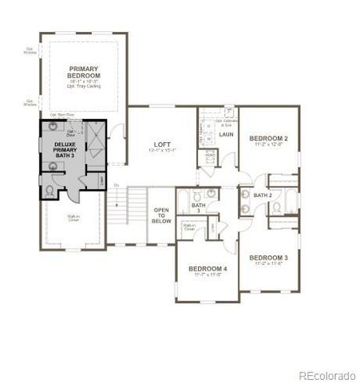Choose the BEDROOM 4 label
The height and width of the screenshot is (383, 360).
coord(208,269)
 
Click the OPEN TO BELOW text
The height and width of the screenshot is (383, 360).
coord(161,215)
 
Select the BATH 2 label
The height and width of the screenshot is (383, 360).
coord(263,195)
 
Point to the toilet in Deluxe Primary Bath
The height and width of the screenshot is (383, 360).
coord(49,189)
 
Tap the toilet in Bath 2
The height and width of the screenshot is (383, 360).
coord(275,207)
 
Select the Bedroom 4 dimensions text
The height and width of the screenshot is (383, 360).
coord(208,276)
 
